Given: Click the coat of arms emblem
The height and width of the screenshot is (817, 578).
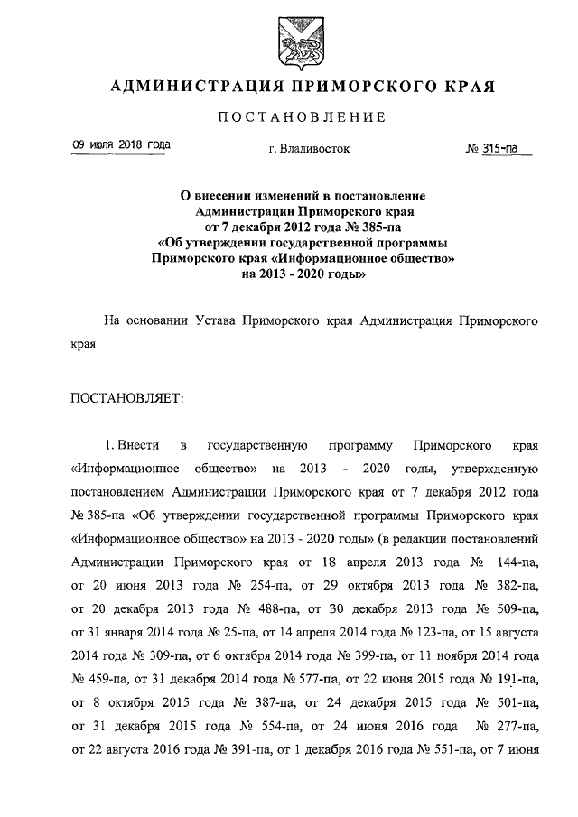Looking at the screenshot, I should coord(290,41).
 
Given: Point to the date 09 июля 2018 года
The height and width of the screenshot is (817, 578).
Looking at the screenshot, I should coord(121,145).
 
